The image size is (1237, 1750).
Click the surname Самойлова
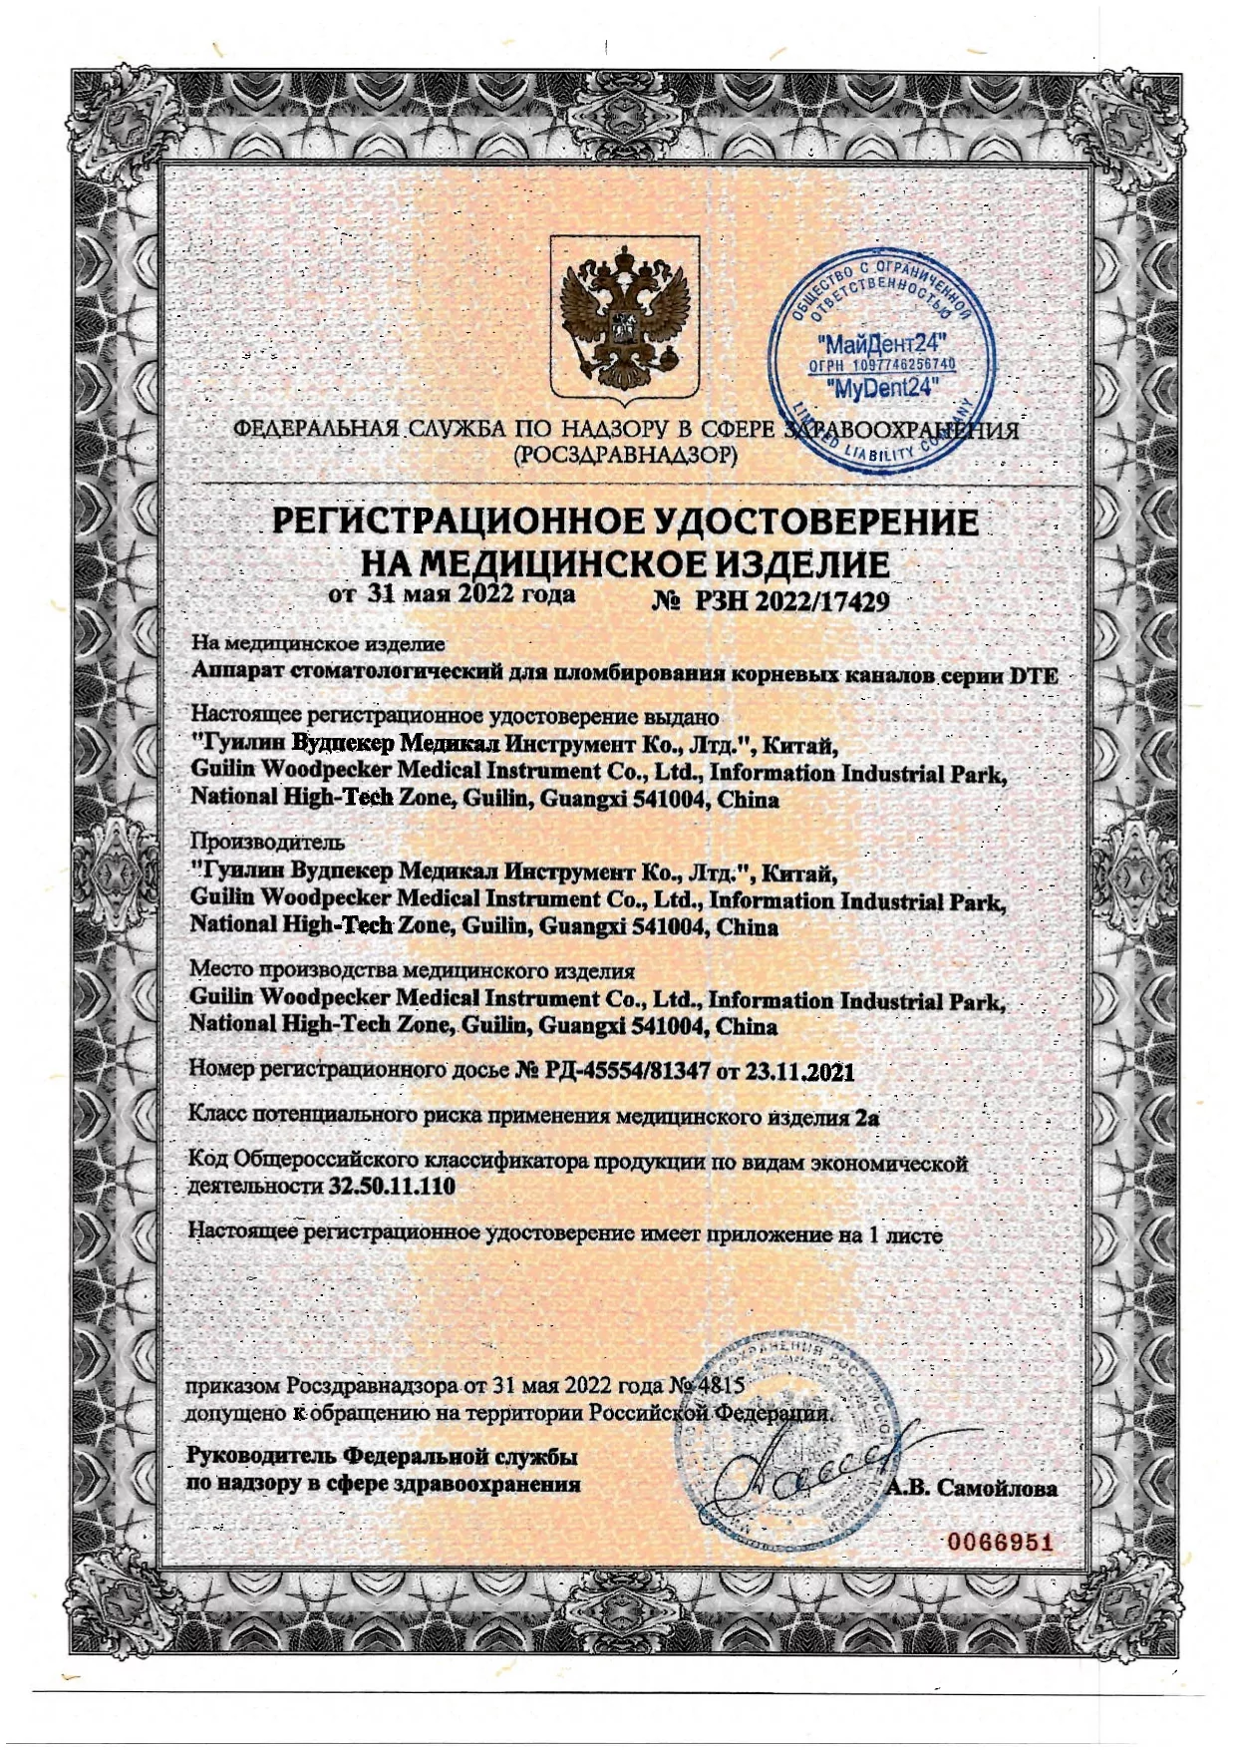pos(996,1488)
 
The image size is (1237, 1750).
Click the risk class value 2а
pos(867,1117)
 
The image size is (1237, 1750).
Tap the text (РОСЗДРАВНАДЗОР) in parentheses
pos(624,456)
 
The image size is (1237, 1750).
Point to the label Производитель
pos(268,842)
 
